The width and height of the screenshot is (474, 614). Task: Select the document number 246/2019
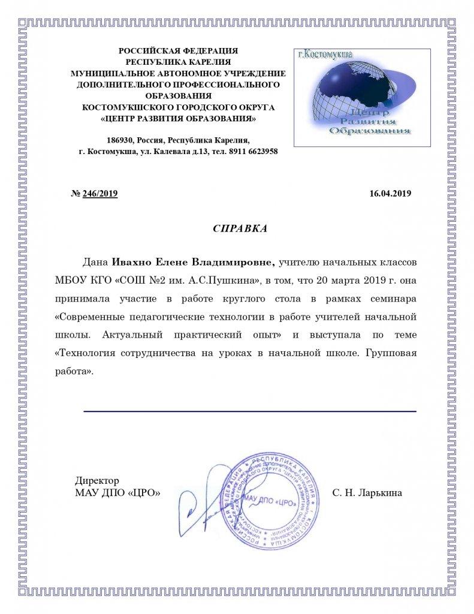tap(100, 194)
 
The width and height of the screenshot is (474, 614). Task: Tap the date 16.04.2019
tap(390, 194)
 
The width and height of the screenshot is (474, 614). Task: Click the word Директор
tap(97, 481)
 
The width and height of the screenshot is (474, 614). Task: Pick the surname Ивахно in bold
tap(132, 262)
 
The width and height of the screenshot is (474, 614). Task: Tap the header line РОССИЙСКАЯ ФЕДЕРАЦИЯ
tap(178, 52)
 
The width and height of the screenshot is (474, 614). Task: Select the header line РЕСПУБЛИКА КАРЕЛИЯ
tap(178, 62)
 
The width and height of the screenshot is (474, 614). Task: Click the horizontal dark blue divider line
tap(249, 411)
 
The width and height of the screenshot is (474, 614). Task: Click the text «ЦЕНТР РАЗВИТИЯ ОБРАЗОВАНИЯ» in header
tap(178, 118)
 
